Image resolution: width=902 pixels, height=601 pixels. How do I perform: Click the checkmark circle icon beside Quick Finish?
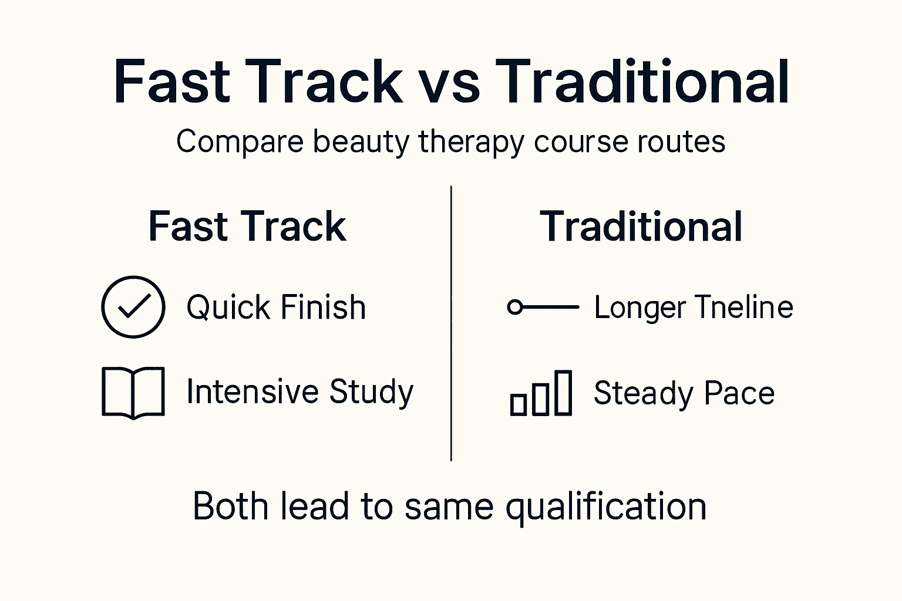pyautogui.click(x=133, y=307)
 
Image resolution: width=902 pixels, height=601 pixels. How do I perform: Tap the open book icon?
pyautogui.click(x=133, y=393)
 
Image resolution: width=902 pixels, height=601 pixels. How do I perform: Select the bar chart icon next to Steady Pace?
pyautogui.click(x=541, y=393)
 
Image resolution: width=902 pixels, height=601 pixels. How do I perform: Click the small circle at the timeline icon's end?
pyautogui.click(x=514, y=307)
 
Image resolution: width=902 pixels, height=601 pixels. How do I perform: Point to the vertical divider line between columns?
pyautogui.click(x=451, y=323)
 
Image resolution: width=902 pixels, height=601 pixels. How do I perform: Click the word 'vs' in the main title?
pyautogui.click(x=449, y=82)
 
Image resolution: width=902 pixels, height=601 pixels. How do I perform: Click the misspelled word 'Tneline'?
pyautogui.click(x=743, y=308)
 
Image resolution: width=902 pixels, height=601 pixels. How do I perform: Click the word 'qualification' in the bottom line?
pyautogui.click(x=605, y=507)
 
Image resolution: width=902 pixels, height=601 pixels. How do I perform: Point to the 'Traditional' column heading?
pyautogui.click(x=641, y=227)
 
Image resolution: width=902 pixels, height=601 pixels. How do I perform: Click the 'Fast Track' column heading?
pyautogui.click(x=247, y=227)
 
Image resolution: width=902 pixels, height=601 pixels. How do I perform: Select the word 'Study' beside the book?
pyautogui.click(x=371, y=392)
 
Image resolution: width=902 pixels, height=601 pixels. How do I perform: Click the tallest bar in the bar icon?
pyautogui.click(x=563, y=393)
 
